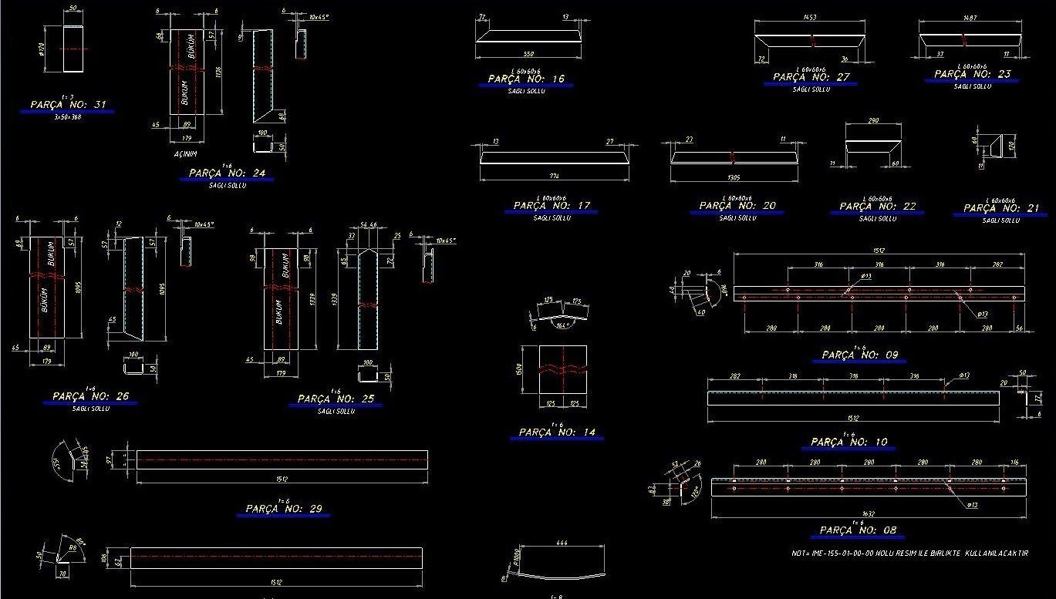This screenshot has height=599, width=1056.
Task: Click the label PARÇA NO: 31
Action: (x=68, y=104)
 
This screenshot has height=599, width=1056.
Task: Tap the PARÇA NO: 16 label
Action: (x=526, y=79)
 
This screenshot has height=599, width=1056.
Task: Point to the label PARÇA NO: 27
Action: (x=811, y=77)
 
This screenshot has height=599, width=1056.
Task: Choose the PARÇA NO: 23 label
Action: (x=973, y=74)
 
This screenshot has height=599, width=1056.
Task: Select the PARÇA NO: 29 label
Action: (x=284, y=509)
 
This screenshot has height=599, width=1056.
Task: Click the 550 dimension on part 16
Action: (x=528, y=54)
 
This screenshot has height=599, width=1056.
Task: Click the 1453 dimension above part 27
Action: (x=810, y=16)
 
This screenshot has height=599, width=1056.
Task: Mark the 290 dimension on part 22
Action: (x=873, y=121)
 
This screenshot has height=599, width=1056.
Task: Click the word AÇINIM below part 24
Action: (x=186, y=154)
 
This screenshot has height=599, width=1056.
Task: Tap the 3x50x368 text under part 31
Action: (x=68, y=117)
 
